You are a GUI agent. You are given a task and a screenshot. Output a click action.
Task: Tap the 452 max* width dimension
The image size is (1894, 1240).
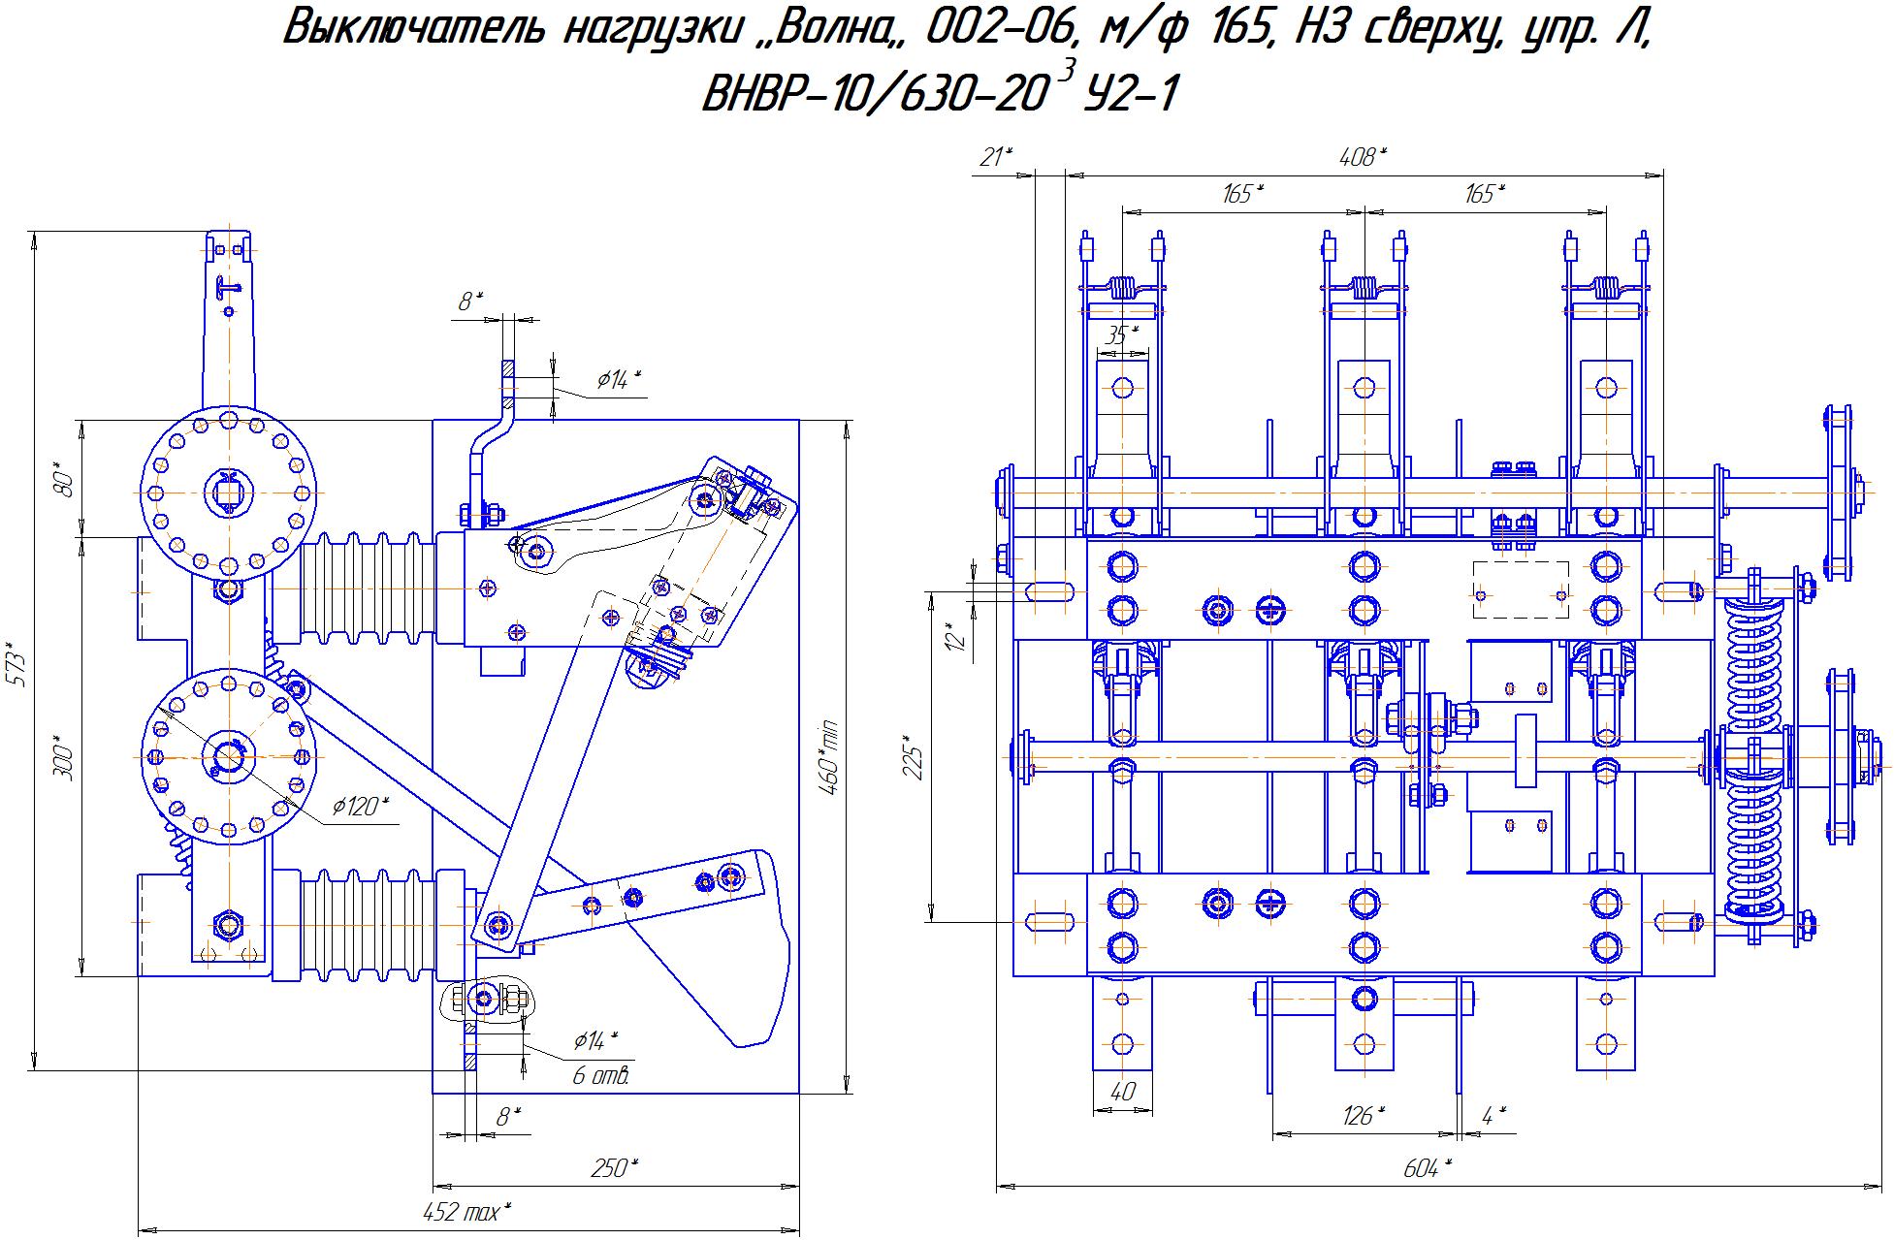pyautogui.click(x=466, y=1211)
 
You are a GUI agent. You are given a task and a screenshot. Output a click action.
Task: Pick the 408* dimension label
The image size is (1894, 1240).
pyautogui.click(x=1363, y=157)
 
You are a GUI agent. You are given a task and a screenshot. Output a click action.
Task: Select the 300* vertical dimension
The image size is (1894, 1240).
pyautogui.click(x=65, y=761)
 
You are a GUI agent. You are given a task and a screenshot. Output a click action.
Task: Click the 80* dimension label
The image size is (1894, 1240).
pyautogui.click(x=65, y=482)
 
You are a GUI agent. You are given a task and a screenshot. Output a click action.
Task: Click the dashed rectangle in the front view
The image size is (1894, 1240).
pyautogui.click(x=1521, y=589)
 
